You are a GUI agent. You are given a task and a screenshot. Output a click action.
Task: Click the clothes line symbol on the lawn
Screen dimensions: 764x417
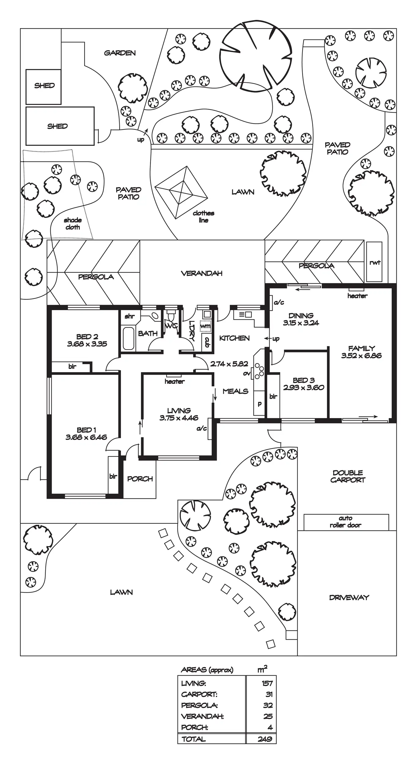tap(181, 192)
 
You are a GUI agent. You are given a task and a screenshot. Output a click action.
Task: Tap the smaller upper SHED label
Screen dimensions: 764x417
tap(44, 86)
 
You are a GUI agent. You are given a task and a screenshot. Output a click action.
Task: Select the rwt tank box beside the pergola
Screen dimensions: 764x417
tap(374, 262)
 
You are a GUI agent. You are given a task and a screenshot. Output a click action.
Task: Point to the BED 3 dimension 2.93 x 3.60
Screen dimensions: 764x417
tap(303, 388)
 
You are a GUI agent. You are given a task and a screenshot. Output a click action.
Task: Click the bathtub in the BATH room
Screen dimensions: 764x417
tap(128, 338)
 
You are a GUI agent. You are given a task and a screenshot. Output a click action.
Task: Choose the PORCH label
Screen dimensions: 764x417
tap(140, 479)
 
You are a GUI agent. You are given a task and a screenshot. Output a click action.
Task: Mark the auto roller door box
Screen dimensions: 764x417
tap(346, 522)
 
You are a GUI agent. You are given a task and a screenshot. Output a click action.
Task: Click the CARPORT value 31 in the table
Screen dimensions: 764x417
tap(269, 694)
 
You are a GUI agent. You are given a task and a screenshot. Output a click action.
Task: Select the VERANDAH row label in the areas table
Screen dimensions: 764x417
tap(202, 716)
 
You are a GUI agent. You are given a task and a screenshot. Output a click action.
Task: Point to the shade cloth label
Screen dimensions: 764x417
tap(73, 224)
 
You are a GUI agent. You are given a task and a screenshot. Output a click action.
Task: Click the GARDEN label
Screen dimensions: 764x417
tap(120, 53)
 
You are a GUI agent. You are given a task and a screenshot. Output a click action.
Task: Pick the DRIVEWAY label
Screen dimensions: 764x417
tap(349, 597)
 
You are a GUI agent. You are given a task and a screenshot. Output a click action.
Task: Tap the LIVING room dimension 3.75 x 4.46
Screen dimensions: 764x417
tap(179, 418)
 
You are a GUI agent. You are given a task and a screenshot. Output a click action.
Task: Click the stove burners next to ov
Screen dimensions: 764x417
tap(260, 371)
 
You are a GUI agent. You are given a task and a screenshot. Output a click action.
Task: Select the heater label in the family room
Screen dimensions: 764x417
tap(357, 296)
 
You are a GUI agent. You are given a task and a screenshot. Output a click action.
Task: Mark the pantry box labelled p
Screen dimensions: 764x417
tap(259, 404)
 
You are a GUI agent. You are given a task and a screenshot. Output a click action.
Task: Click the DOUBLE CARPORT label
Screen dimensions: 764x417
tap(348, 476)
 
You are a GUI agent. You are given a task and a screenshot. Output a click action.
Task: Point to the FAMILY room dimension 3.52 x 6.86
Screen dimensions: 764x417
tap(361, 356)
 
